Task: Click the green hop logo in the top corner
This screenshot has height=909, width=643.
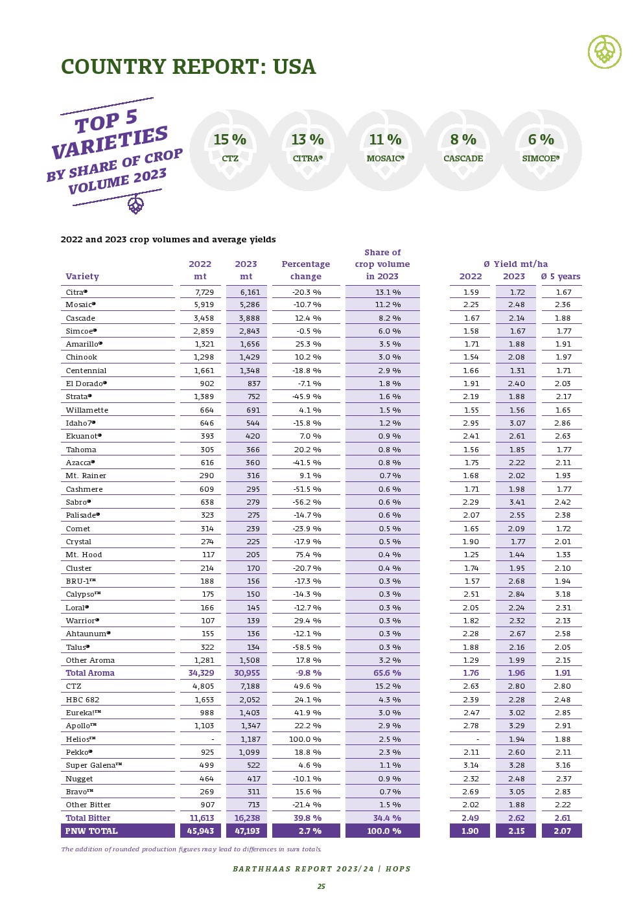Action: click(604, 52)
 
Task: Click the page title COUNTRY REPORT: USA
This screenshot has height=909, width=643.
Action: click(188, 67)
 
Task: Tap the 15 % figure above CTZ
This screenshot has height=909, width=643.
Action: click(230, 140)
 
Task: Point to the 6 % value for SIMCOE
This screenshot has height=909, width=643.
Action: click(541, 140)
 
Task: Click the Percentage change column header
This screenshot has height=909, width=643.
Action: click(306, 270)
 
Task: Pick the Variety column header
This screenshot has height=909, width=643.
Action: click(82, 277)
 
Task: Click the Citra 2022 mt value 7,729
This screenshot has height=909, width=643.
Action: click(204, 292)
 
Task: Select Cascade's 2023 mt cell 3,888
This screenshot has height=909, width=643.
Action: click(249, 318)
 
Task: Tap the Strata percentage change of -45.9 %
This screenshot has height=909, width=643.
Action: click(307, 397)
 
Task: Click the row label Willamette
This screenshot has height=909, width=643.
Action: click(87, 410)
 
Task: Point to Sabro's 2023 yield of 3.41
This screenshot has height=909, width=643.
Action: click(517, 502)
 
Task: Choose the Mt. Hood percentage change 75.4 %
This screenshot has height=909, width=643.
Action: click(307, 555)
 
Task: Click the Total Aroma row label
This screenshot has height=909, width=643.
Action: click(90, 673)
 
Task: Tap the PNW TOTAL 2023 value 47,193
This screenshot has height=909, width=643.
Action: click(247, 831)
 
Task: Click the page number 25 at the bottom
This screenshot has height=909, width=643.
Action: click(321, 886)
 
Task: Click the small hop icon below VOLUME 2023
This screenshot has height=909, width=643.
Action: click(135, 205)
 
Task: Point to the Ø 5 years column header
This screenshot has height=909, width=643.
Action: click(561, 277)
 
